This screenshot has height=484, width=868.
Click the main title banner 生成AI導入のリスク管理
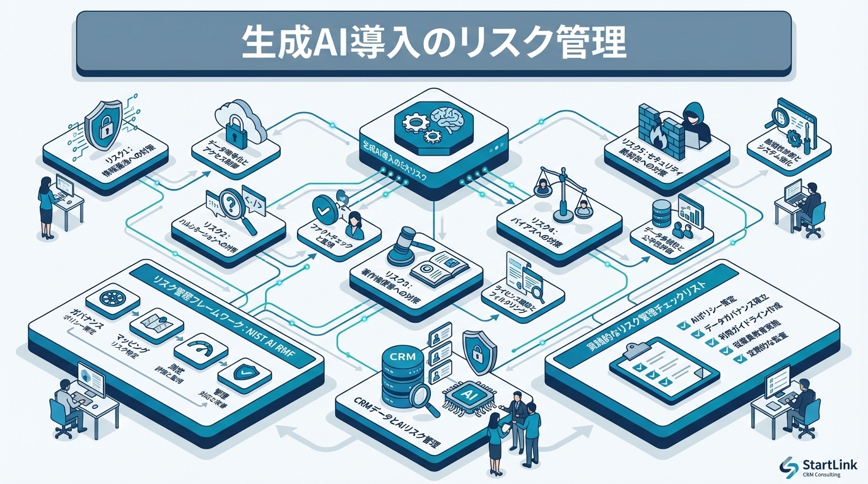pos(433,43)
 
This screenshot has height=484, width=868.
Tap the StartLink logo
pos(818,466)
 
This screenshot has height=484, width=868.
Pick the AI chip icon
pos(467,395)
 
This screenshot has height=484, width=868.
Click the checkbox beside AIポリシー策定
pos(681,325)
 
